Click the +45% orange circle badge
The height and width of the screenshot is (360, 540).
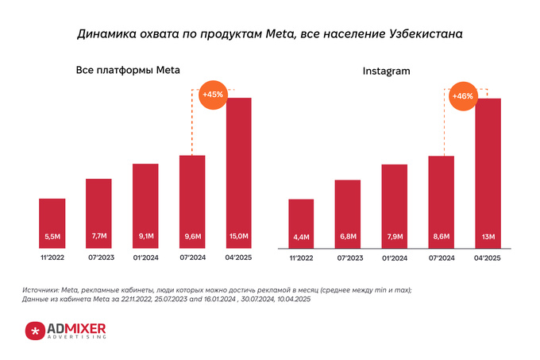[x=213, y=95]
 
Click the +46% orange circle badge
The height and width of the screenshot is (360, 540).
[x=462, y=96]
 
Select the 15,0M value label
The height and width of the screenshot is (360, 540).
[x=239, y=237]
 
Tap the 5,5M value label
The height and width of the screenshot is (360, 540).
[x=52, y=237]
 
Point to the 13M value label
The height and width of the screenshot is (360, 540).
[x=488, y=237]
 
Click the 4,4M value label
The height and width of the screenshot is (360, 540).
[x=301, y=237]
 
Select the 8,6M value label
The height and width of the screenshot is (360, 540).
[x=442, y=237]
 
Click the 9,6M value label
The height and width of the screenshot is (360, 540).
[x=192, y=237]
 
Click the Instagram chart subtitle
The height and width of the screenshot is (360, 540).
[x=386, y=72]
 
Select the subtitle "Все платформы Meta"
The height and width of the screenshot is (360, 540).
[x=128, y=71]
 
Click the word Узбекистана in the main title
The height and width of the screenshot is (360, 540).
[x=420, y=34]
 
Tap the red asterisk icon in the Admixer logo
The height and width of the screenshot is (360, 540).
[x=35, y=331]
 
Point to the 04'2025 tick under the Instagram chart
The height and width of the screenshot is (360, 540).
[x=488, y=259]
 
